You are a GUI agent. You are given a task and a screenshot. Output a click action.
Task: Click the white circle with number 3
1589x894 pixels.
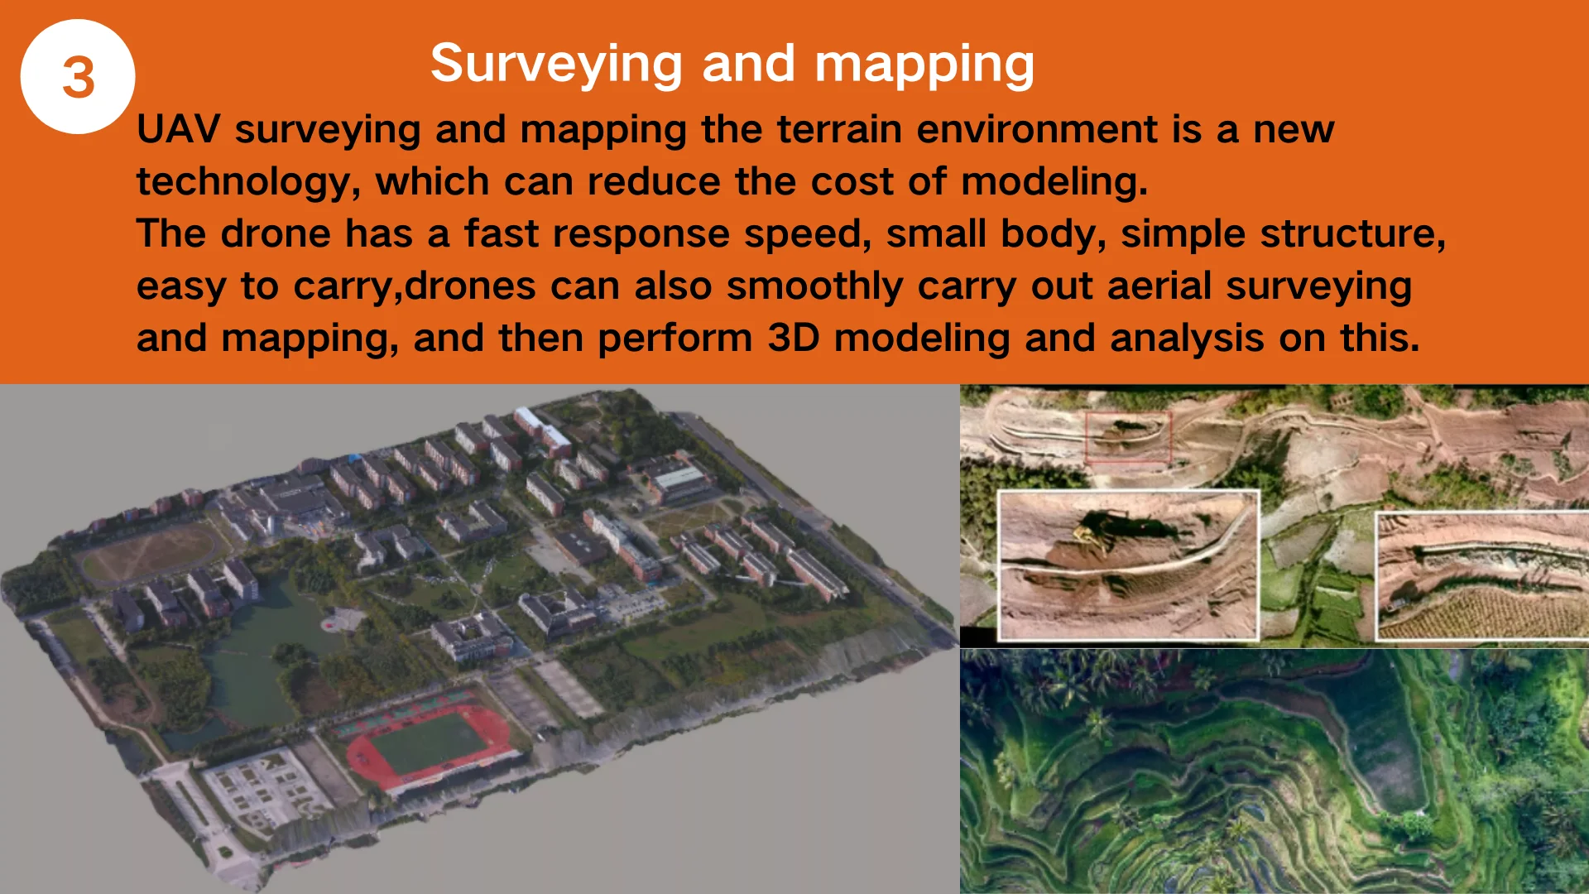[78, 77]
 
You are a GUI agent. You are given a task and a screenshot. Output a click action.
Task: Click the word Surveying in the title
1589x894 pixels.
[556, 65]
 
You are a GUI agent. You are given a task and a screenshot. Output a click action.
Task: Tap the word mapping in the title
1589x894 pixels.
[924, 65]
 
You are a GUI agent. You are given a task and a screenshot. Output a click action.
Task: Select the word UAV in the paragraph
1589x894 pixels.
[178, 129]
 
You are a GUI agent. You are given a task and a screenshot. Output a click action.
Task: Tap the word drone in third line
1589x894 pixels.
[276, 233]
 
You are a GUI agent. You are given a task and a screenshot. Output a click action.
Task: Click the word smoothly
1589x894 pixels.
[814, 286]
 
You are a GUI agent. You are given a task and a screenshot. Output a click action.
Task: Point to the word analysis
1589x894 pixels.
[1187, 339]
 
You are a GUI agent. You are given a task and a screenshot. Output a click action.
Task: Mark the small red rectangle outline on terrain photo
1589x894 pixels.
[1129, 436]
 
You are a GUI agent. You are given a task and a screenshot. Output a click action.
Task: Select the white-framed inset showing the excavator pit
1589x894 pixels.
[1129, 565]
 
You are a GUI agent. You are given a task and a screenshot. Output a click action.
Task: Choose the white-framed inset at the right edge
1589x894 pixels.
[1482, 576]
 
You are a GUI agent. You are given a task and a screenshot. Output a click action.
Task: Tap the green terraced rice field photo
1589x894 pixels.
[1275, 771]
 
